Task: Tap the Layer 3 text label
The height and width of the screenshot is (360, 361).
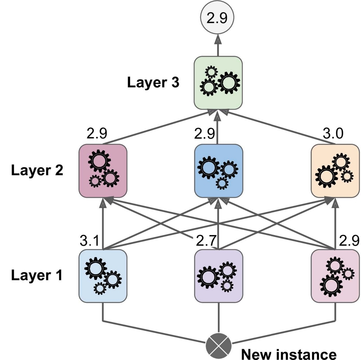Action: tap(153, 83)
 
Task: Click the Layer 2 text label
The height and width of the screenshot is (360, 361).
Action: tap(37, 170)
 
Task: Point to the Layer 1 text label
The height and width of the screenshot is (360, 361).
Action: tap(37, 275)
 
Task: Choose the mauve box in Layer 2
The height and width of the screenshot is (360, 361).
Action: tap(103, 170)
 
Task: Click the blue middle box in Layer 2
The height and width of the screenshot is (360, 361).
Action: tap(219, 170)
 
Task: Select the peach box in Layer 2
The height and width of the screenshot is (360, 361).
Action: tap(335, 170)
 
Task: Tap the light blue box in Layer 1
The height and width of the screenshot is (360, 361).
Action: tap(103, 276)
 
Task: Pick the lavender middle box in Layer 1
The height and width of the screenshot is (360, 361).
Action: tap(219, 276)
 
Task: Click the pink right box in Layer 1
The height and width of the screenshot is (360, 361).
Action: tap(335, 276)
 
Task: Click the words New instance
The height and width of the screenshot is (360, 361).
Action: tap(288, 353)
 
